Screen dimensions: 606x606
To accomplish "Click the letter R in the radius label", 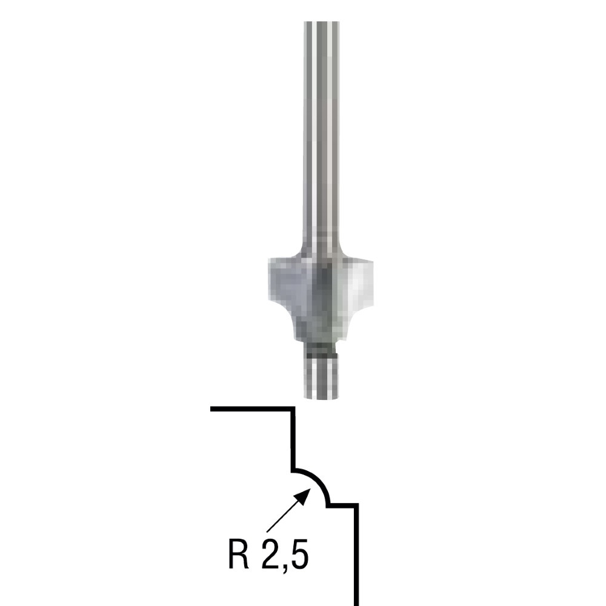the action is pos(239,555).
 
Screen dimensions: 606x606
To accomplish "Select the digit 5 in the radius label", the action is pos(299,555).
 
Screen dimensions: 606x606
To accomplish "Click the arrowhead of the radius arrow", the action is pos(305,495).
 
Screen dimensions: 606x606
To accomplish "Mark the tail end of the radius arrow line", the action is pos(267,532).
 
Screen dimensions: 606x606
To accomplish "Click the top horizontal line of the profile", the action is pos(252,408).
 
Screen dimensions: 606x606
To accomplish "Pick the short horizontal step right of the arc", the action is pos(342,505).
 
